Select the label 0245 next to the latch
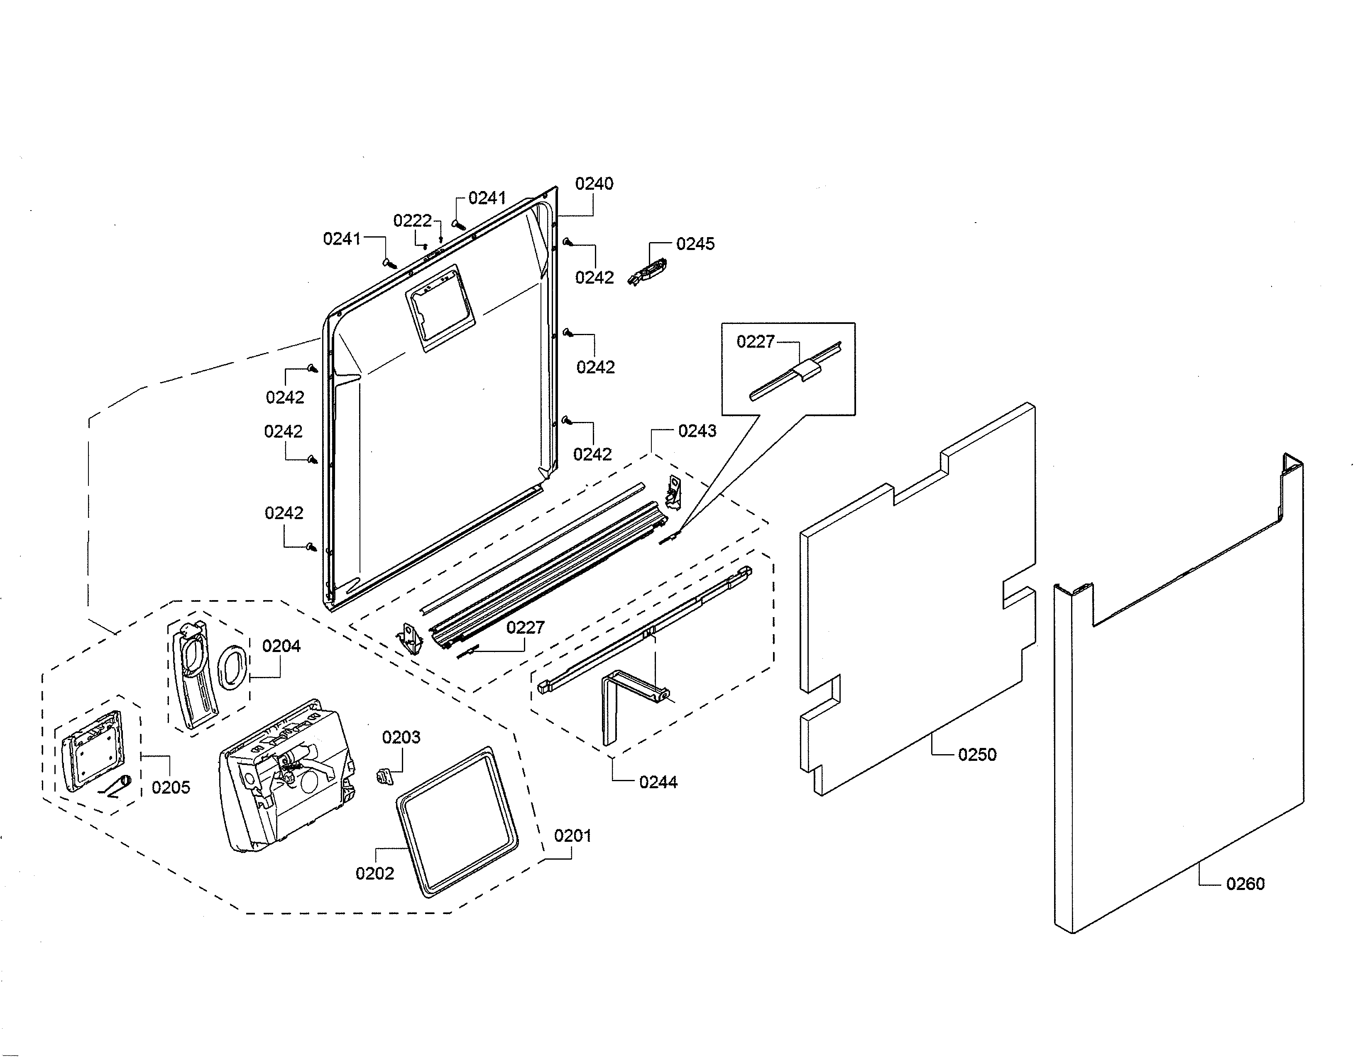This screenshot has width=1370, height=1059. pos(695,244)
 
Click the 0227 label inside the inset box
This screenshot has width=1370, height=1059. pos(755,342)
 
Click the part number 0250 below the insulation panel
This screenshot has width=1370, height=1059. pos(977,755)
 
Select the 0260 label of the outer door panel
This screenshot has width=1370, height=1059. pos(1245,884)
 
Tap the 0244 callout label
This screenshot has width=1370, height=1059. pos(658,782)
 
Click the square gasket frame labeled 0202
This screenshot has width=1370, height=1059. pos(458,821)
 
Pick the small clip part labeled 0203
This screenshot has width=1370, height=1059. pos(383,777)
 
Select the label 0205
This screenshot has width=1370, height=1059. pos(171,787)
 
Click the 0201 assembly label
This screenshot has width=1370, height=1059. pos(572,836)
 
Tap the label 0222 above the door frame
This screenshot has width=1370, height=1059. pos(412,221)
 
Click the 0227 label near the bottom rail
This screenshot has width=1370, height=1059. pos(525,628)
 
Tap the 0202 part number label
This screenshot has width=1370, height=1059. pos(374,873)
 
